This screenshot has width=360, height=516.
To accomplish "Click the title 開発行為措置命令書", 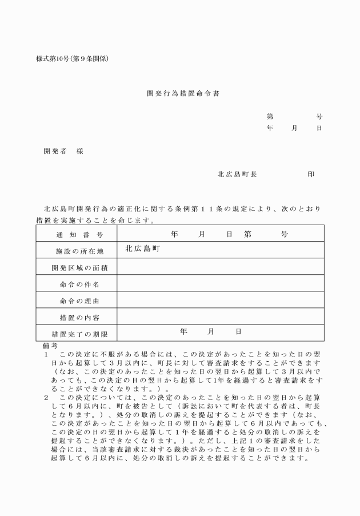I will coord(179,94).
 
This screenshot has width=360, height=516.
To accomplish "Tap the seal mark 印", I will coord(311,174).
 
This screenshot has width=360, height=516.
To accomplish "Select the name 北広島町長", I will coord(237,174).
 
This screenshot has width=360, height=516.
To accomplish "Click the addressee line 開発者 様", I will coord(63,151).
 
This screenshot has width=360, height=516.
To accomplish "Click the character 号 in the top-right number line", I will coord(319,116).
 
